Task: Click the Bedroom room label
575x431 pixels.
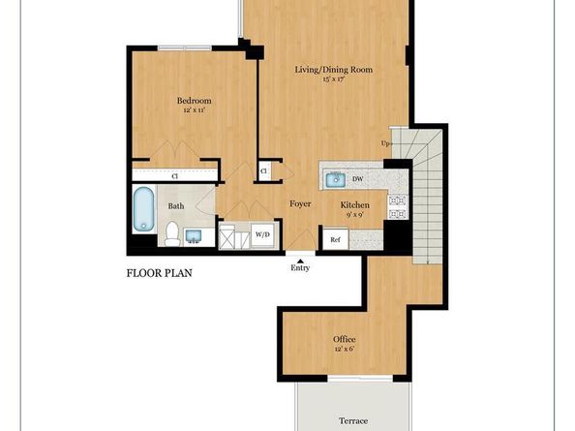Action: [194, 101]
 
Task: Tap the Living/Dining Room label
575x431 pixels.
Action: [334, 70]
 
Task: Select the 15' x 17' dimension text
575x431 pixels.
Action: [334, 79]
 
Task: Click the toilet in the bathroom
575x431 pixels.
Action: [171, 232]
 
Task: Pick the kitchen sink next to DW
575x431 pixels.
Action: [337, 178]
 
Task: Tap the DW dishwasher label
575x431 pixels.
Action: [358, 179]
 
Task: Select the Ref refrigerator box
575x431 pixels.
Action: [335, 238]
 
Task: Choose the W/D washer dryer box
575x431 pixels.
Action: [262, 235]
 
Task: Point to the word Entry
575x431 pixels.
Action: [301, 268]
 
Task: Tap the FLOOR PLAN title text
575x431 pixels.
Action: [160, 273]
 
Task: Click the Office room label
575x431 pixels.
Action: [345, 339]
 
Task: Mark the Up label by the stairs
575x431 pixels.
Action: [385, 144]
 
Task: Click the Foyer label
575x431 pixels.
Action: [298, 204]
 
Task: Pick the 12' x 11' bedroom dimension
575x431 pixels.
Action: [194, 111]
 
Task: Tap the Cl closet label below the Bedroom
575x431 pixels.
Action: [175, 176]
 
